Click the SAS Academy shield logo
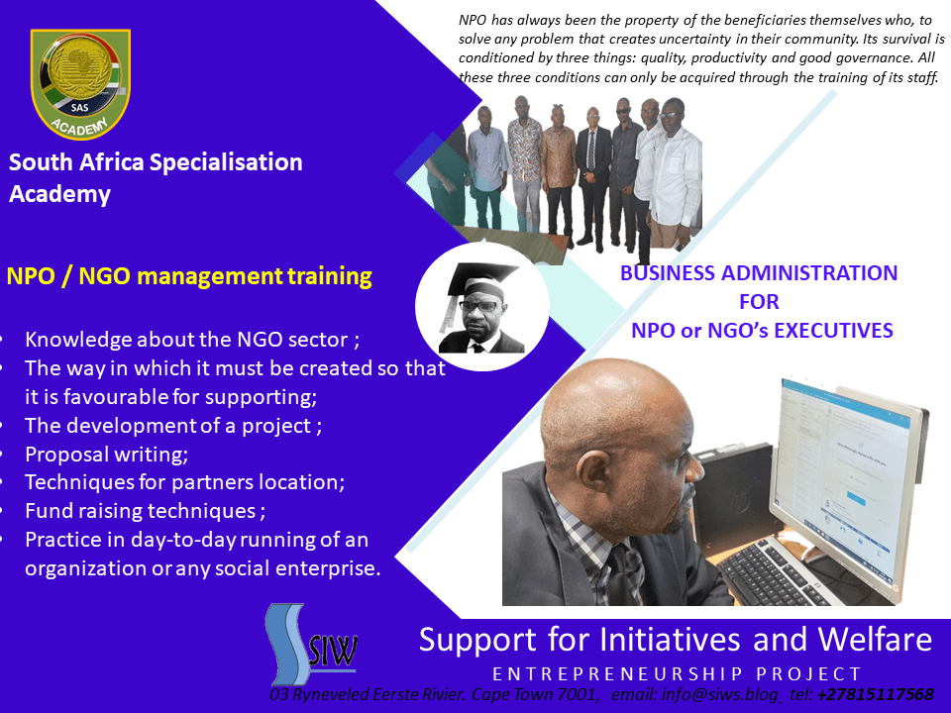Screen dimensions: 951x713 click(80, 83)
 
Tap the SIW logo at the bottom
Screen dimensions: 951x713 click(310, 644)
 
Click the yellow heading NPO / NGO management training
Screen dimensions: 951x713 click(189, 276)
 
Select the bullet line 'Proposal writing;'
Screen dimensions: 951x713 click(106, 455)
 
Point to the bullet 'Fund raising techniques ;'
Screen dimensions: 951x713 click(145, 511)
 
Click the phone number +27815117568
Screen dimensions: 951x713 click(875, 694)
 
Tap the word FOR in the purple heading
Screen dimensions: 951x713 click(759, 301)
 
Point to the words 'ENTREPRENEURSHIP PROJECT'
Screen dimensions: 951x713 click(677, 673)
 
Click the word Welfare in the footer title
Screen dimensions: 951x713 click(875, 640)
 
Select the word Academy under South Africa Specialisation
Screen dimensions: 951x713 click(60, 194)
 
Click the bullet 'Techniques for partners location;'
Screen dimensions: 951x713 click(184, 482)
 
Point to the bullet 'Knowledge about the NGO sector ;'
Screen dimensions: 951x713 click(192, 340)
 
